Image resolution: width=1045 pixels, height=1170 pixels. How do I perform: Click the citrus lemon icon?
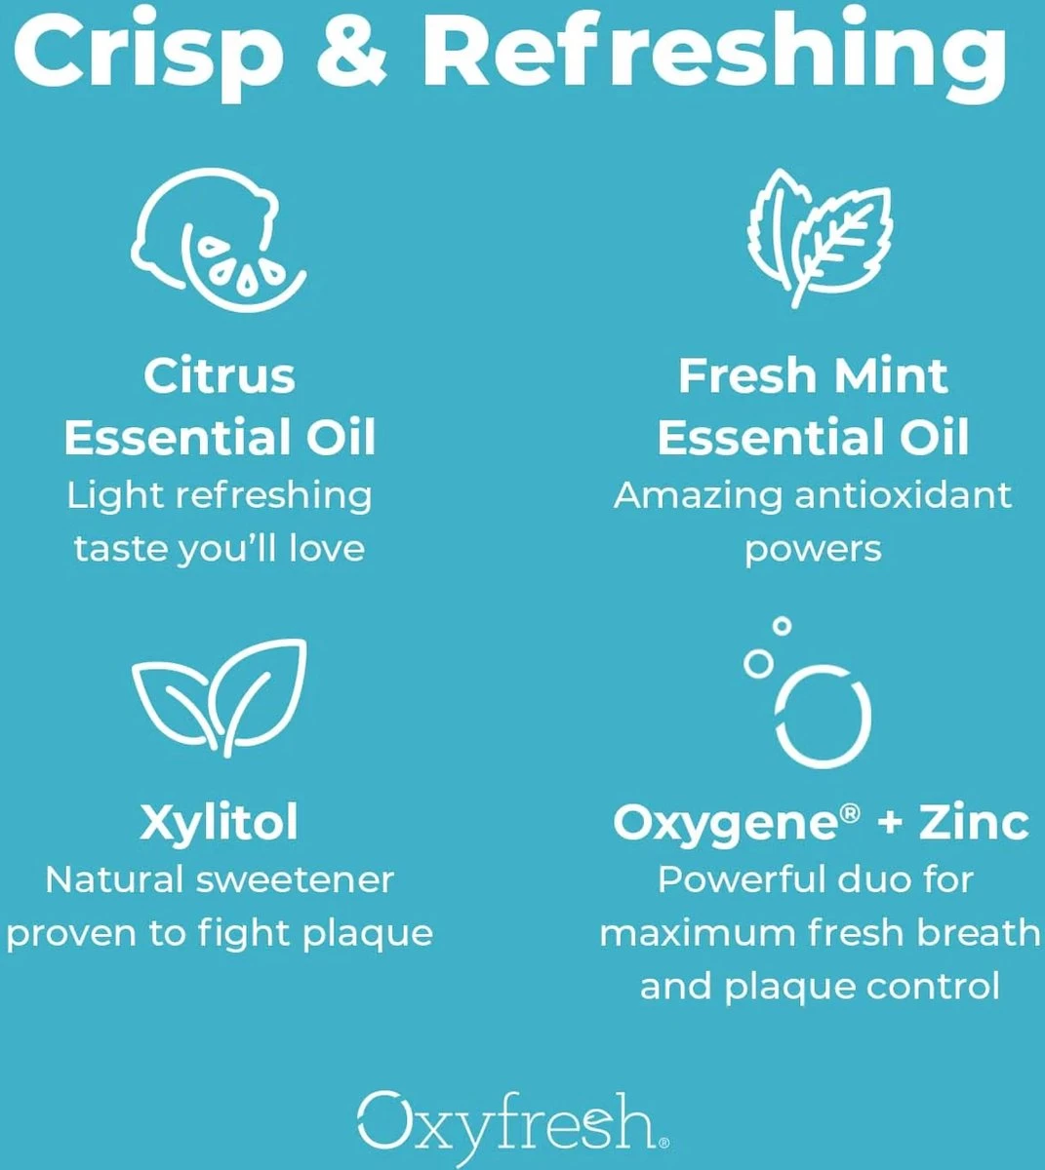tap(217, 236)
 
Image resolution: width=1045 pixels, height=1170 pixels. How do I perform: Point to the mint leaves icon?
tap(818, 236)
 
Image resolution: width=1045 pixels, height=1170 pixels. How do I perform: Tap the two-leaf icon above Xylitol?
tap(219, 694)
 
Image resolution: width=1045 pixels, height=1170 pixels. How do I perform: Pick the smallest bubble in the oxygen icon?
tap(781, 626)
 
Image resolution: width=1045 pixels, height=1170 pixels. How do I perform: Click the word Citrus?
tap(219, 376)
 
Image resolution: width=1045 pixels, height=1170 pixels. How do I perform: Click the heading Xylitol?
tap(219, 823)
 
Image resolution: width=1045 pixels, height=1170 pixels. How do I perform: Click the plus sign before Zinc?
tap(890, 823)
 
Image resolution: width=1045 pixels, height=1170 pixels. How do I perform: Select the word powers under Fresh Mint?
tap(813, 550)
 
